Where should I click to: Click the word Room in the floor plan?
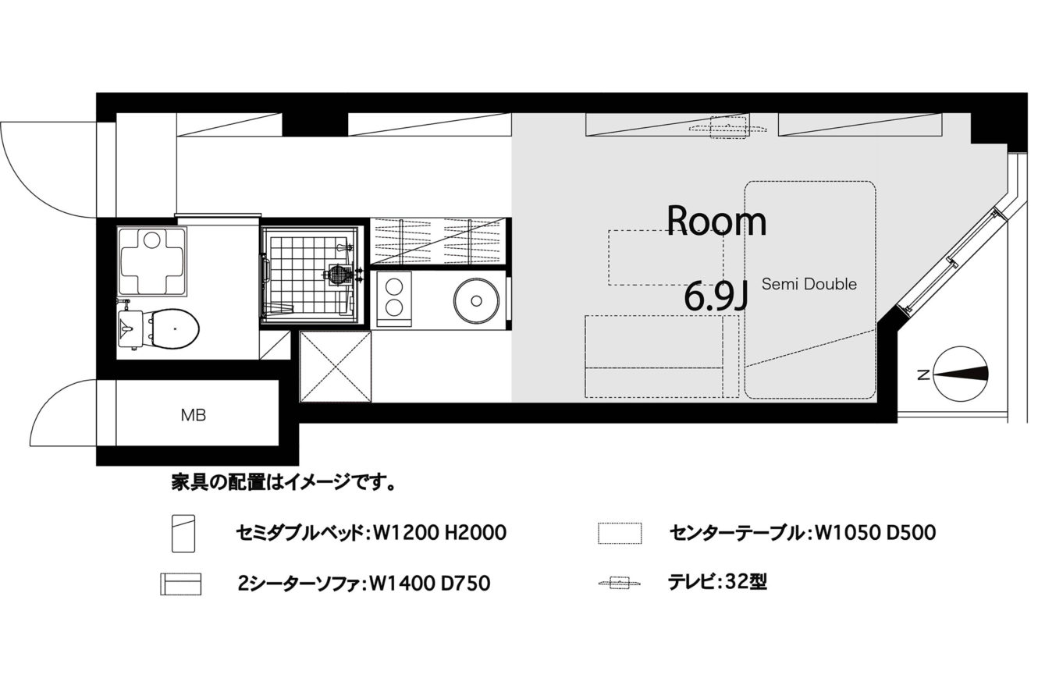coord(716,222)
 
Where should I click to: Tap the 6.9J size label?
coord(716,297)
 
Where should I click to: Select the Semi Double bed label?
coord(809,284)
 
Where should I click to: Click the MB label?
coord(194,415)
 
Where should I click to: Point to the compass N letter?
coord(923,374)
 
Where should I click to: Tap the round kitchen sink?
coord(476,300)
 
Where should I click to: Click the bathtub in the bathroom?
coord(152,261)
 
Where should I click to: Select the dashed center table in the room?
coord(666,257)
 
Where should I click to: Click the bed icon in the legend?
coord(183,533)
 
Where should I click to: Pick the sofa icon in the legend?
coord(181,584)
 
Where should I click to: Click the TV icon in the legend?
coord(619,582)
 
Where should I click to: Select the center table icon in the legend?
coord(620,533)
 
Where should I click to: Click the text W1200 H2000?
coord(439,533)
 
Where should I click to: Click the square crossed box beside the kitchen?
coord(336,367)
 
